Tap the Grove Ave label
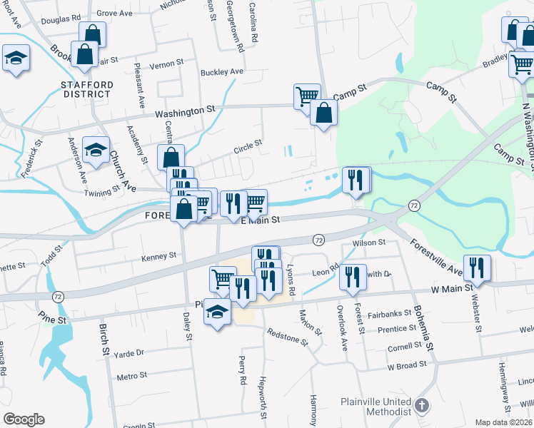pyautogui.click(x=116, y=13)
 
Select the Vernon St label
pyautogui.click(x=167, y=64)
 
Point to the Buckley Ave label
pyautogui.click(x=222, y=72)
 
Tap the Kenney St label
pyautogui.click(x=158, y=256)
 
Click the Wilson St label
pyautogui.click(x=369, y=244)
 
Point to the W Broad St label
pyautogui.click(x=406, y=365)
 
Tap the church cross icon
pyautogui.click(x=423, y=407)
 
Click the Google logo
pyautogui.click(x=24, y=419)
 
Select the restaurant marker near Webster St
pyautogui.click(x=476, y=267)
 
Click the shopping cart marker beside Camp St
pyautogui.click(x=307, y=96)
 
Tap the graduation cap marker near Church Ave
pyautogui.click(x=96, y=149)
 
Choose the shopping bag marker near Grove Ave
pyautogui.click(x=93, y=34)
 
